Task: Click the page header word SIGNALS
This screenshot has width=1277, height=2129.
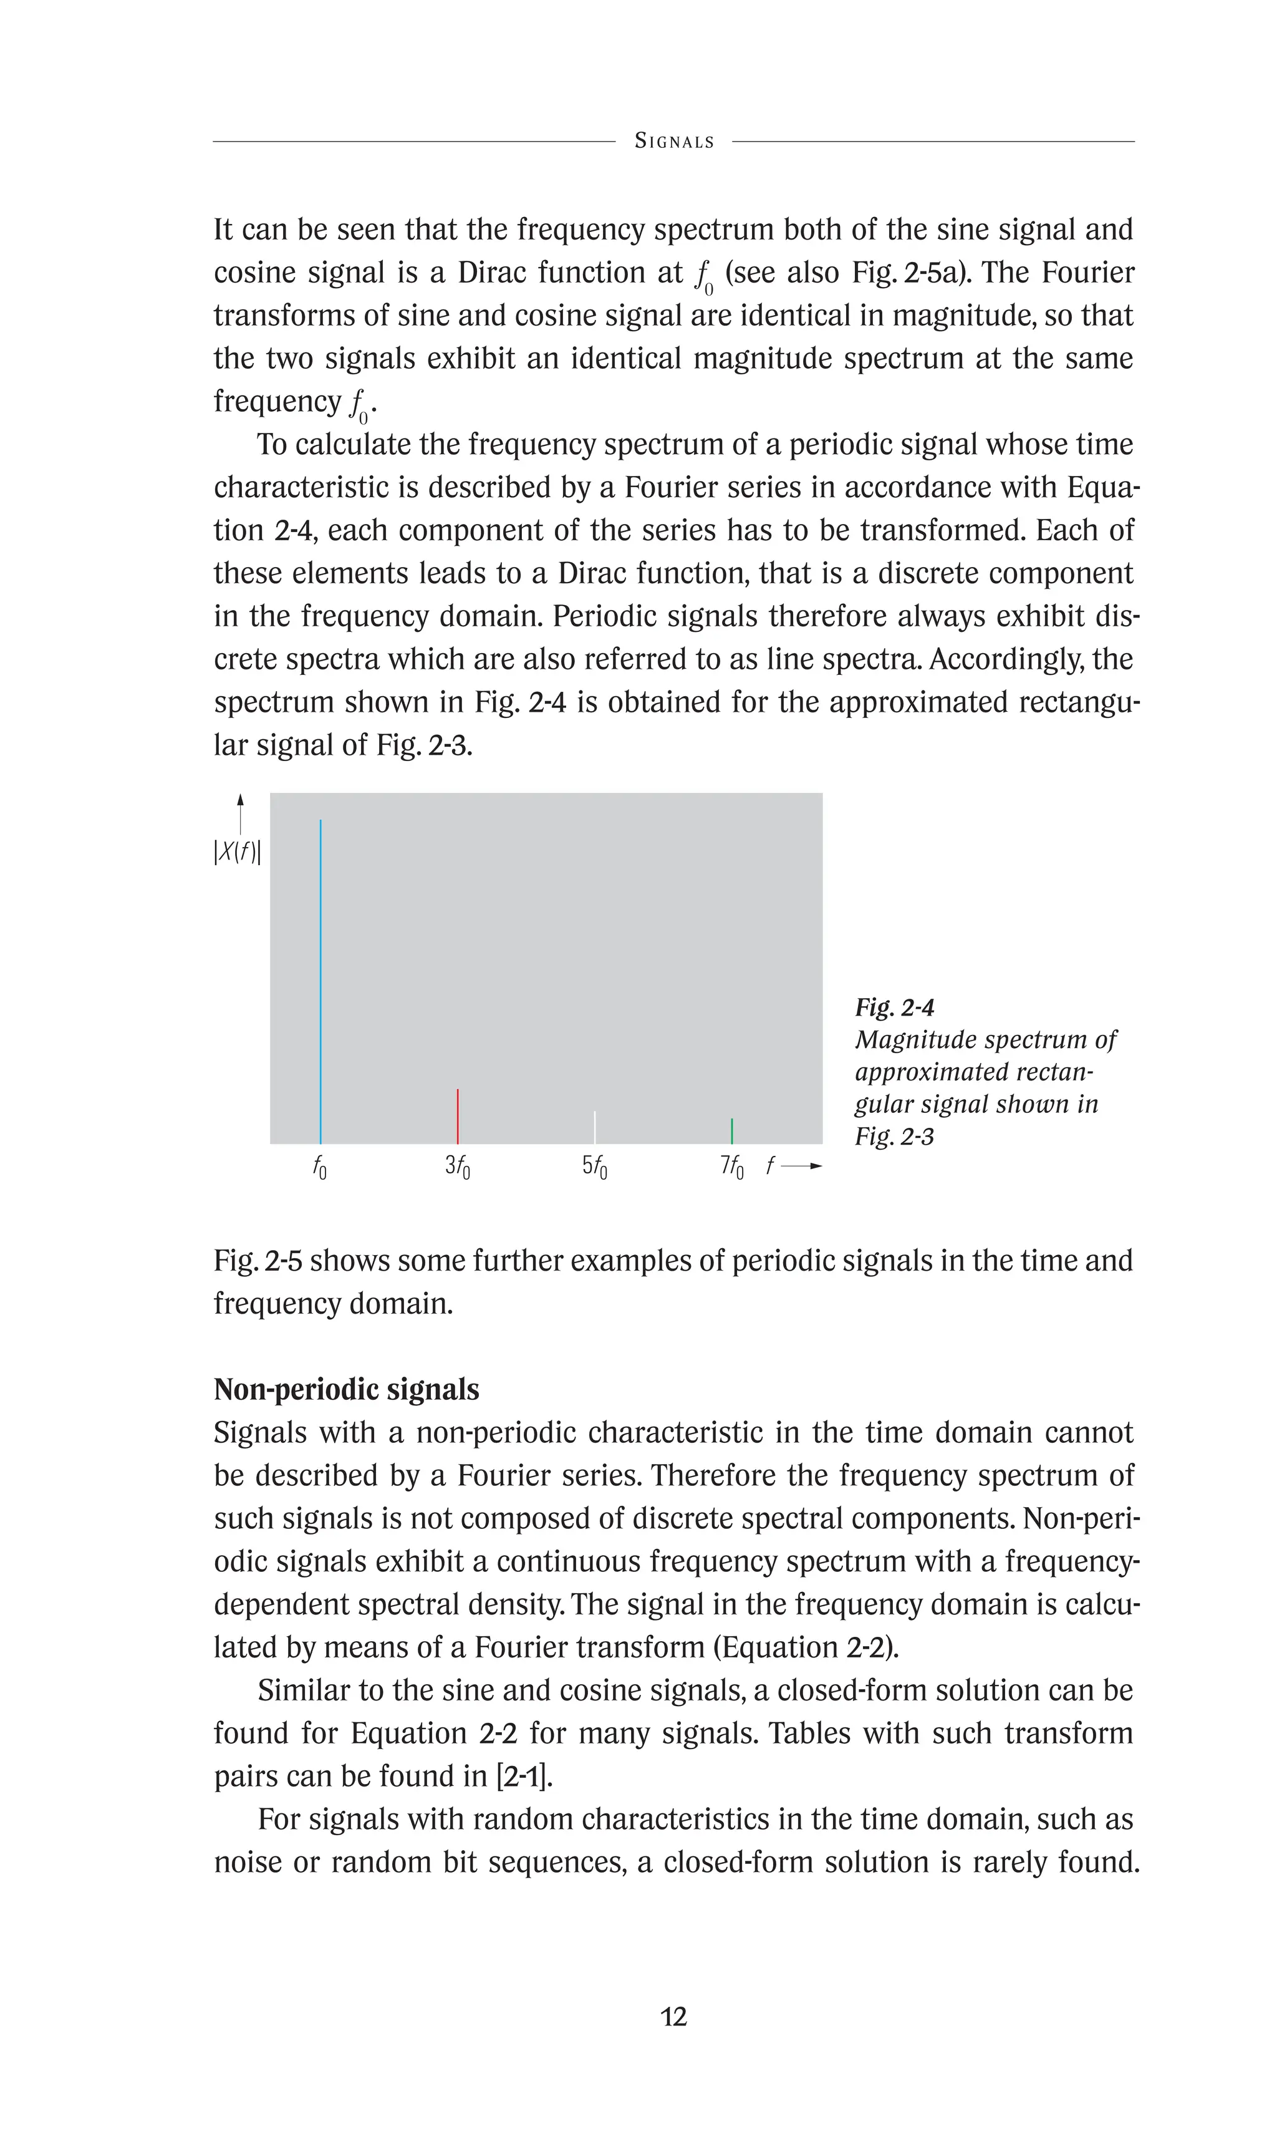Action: (674, 141)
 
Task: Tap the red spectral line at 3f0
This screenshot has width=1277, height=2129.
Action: (458, 1116)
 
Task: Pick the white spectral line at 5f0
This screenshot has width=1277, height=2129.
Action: (595, 1127)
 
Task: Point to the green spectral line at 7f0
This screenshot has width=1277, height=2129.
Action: (731, 1130)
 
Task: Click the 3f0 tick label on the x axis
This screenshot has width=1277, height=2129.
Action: (458, 1166)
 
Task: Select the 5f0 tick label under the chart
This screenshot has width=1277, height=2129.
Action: (595, 1166)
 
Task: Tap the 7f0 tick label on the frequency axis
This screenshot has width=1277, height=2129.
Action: (731, 1166)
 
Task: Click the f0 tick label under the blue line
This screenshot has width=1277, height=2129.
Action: (319, 1167)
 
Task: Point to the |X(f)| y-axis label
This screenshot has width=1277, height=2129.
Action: (238, 852)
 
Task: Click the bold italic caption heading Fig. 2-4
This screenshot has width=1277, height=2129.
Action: (894, 1007)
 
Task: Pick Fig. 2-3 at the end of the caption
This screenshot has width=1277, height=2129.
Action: (894, 1137)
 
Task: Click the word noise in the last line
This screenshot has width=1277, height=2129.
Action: (248, 1862)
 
